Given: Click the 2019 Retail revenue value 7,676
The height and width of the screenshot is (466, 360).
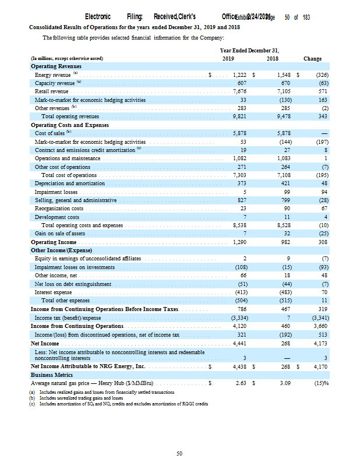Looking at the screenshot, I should click(x=239, y=91).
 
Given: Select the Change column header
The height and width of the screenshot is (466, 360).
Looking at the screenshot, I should click(x=312, y=58).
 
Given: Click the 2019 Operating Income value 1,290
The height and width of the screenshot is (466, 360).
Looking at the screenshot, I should click(x=239, y=242).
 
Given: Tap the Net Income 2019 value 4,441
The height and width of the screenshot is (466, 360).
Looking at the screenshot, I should click(x=239, y=342).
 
